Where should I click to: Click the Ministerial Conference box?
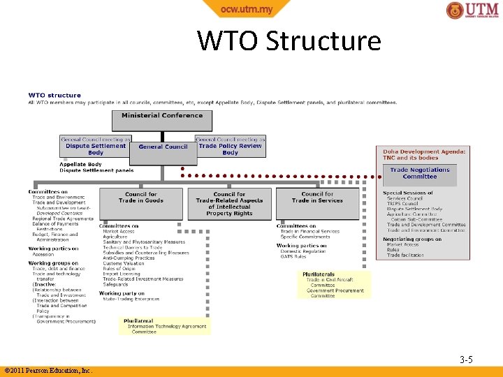point(162,116)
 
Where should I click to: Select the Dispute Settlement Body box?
point(96,149)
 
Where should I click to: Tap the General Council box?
point(163,147)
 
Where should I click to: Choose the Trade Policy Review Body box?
point(230,149)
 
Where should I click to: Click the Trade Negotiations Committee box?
point(419,173)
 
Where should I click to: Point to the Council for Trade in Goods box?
point(141,198)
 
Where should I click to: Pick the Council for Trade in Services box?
point(317,198)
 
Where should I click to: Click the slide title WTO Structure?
point(289,41)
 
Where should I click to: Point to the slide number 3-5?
point(466,360)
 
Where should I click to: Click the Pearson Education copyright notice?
point(48,371)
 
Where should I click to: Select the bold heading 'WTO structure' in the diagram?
point(54,95)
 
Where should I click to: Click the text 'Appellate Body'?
point(80,165)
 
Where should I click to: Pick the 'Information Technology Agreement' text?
point(167,326)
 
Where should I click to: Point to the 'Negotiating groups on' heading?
point(412,239)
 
